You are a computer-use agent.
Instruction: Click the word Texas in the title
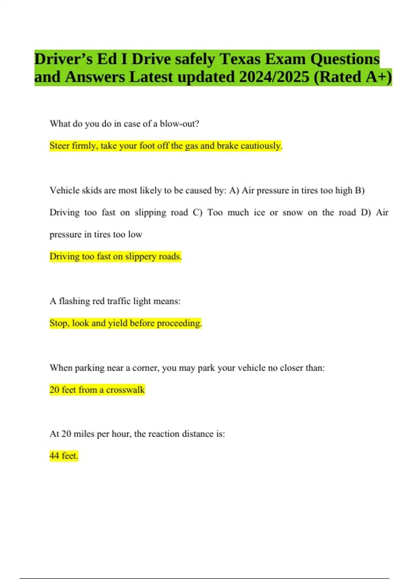pos(240,59)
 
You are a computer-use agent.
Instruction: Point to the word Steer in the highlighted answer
pos(60,146)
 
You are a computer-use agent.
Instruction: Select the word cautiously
pos(261,146)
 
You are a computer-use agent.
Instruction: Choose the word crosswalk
pos(125,390)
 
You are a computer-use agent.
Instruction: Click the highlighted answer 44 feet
pos(64,456)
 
